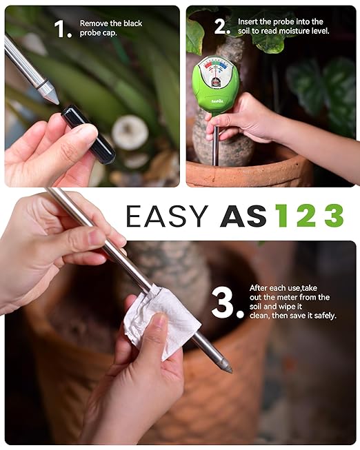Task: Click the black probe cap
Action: pos(88,134)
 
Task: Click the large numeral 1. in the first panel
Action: pos(62,29)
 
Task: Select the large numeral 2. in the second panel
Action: pos(221,27)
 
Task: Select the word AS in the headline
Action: pos(243,216)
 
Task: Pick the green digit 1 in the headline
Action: pos(281,216)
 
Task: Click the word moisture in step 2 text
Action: pos(296,31)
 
